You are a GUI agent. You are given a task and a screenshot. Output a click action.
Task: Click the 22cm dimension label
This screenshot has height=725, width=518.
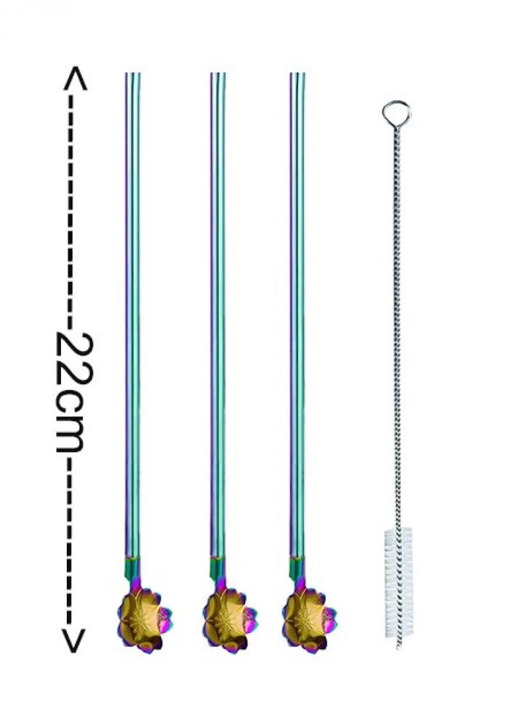[x=74, y=391]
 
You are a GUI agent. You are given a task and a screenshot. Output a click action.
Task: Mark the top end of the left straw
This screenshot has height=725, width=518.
[x=133, y=73]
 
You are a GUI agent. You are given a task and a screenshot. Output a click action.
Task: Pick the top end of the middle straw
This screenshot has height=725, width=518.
[x=218, y=73]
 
